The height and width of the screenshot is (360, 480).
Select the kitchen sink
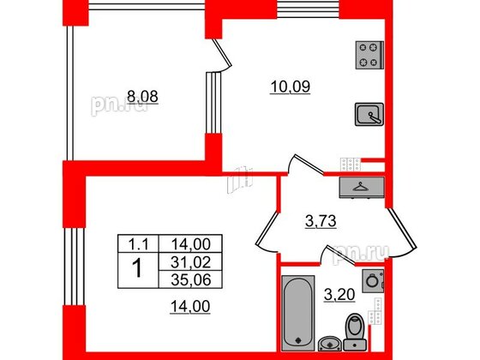pyautogui.click(x=368, y=114)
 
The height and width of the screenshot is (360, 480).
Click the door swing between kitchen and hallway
pyautogui.click(x=302, y=164)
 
